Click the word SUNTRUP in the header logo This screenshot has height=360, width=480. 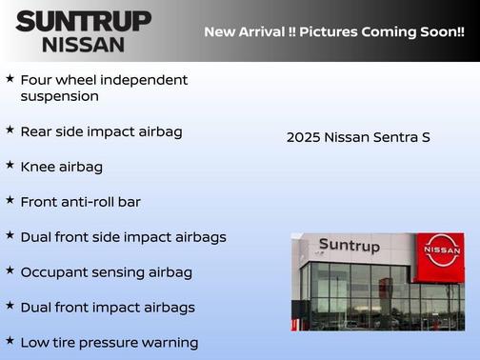click(83, 21)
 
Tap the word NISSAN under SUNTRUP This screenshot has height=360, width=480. click(83, 44)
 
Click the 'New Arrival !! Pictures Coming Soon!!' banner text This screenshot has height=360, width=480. click(334, 32)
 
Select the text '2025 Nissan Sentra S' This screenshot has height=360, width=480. click(358, 137)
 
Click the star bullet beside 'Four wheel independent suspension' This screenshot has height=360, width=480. click(10, 78)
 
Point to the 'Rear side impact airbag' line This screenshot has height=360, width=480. click(101, 131)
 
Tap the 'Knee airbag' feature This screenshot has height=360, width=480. click(61, 167)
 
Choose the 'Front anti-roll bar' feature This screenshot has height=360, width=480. click(80, 202)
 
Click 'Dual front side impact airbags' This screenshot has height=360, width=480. click(123, 236)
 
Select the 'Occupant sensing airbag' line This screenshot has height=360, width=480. click(106, 272)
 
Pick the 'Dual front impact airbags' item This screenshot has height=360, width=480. click(107, 308)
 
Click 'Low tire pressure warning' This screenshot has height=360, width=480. click(109, 342)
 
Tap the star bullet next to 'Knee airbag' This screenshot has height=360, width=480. click(10, 165)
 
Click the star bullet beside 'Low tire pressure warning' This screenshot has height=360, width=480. click(10, 340)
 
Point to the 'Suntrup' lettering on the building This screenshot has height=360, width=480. click(349, 246)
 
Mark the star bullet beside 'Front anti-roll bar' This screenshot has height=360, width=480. click(10, 200)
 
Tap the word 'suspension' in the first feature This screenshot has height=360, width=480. click(59, 96)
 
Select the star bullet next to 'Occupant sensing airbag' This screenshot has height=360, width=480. click(10, 270)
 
